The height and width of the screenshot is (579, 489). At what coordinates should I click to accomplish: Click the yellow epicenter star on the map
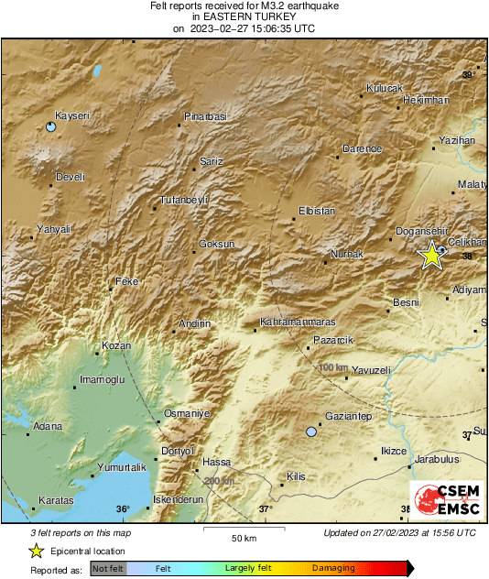(x=430, y=257)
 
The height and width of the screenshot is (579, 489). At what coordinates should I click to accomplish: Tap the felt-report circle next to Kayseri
(x=50, y=127)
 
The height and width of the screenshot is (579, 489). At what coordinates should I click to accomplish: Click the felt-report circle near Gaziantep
(x=312, y=431)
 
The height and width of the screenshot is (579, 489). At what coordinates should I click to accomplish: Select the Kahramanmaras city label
(x=299, y=322)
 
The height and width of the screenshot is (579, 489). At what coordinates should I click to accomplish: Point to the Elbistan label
(x=319, y=212)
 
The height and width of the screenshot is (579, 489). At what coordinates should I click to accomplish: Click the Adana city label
(x=48, y=426)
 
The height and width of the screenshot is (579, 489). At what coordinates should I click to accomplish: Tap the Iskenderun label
(x=177, y=499)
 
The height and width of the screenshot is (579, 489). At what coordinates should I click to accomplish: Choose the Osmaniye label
(x=188, y=414)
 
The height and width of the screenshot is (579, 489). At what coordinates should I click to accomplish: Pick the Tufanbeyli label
(x=185, y=200)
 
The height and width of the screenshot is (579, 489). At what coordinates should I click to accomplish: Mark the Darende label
(x=361, y=147)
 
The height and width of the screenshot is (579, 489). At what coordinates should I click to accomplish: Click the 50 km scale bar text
(x=243, y=538)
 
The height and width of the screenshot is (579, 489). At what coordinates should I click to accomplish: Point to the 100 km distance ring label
(x=333, y=367)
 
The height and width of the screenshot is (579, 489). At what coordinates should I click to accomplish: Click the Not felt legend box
(x=109, y=569)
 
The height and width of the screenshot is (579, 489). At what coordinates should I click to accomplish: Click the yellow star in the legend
(x=36, y=551)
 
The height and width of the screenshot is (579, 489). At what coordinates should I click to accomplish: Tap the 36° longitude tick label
(x=123, y=509)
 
